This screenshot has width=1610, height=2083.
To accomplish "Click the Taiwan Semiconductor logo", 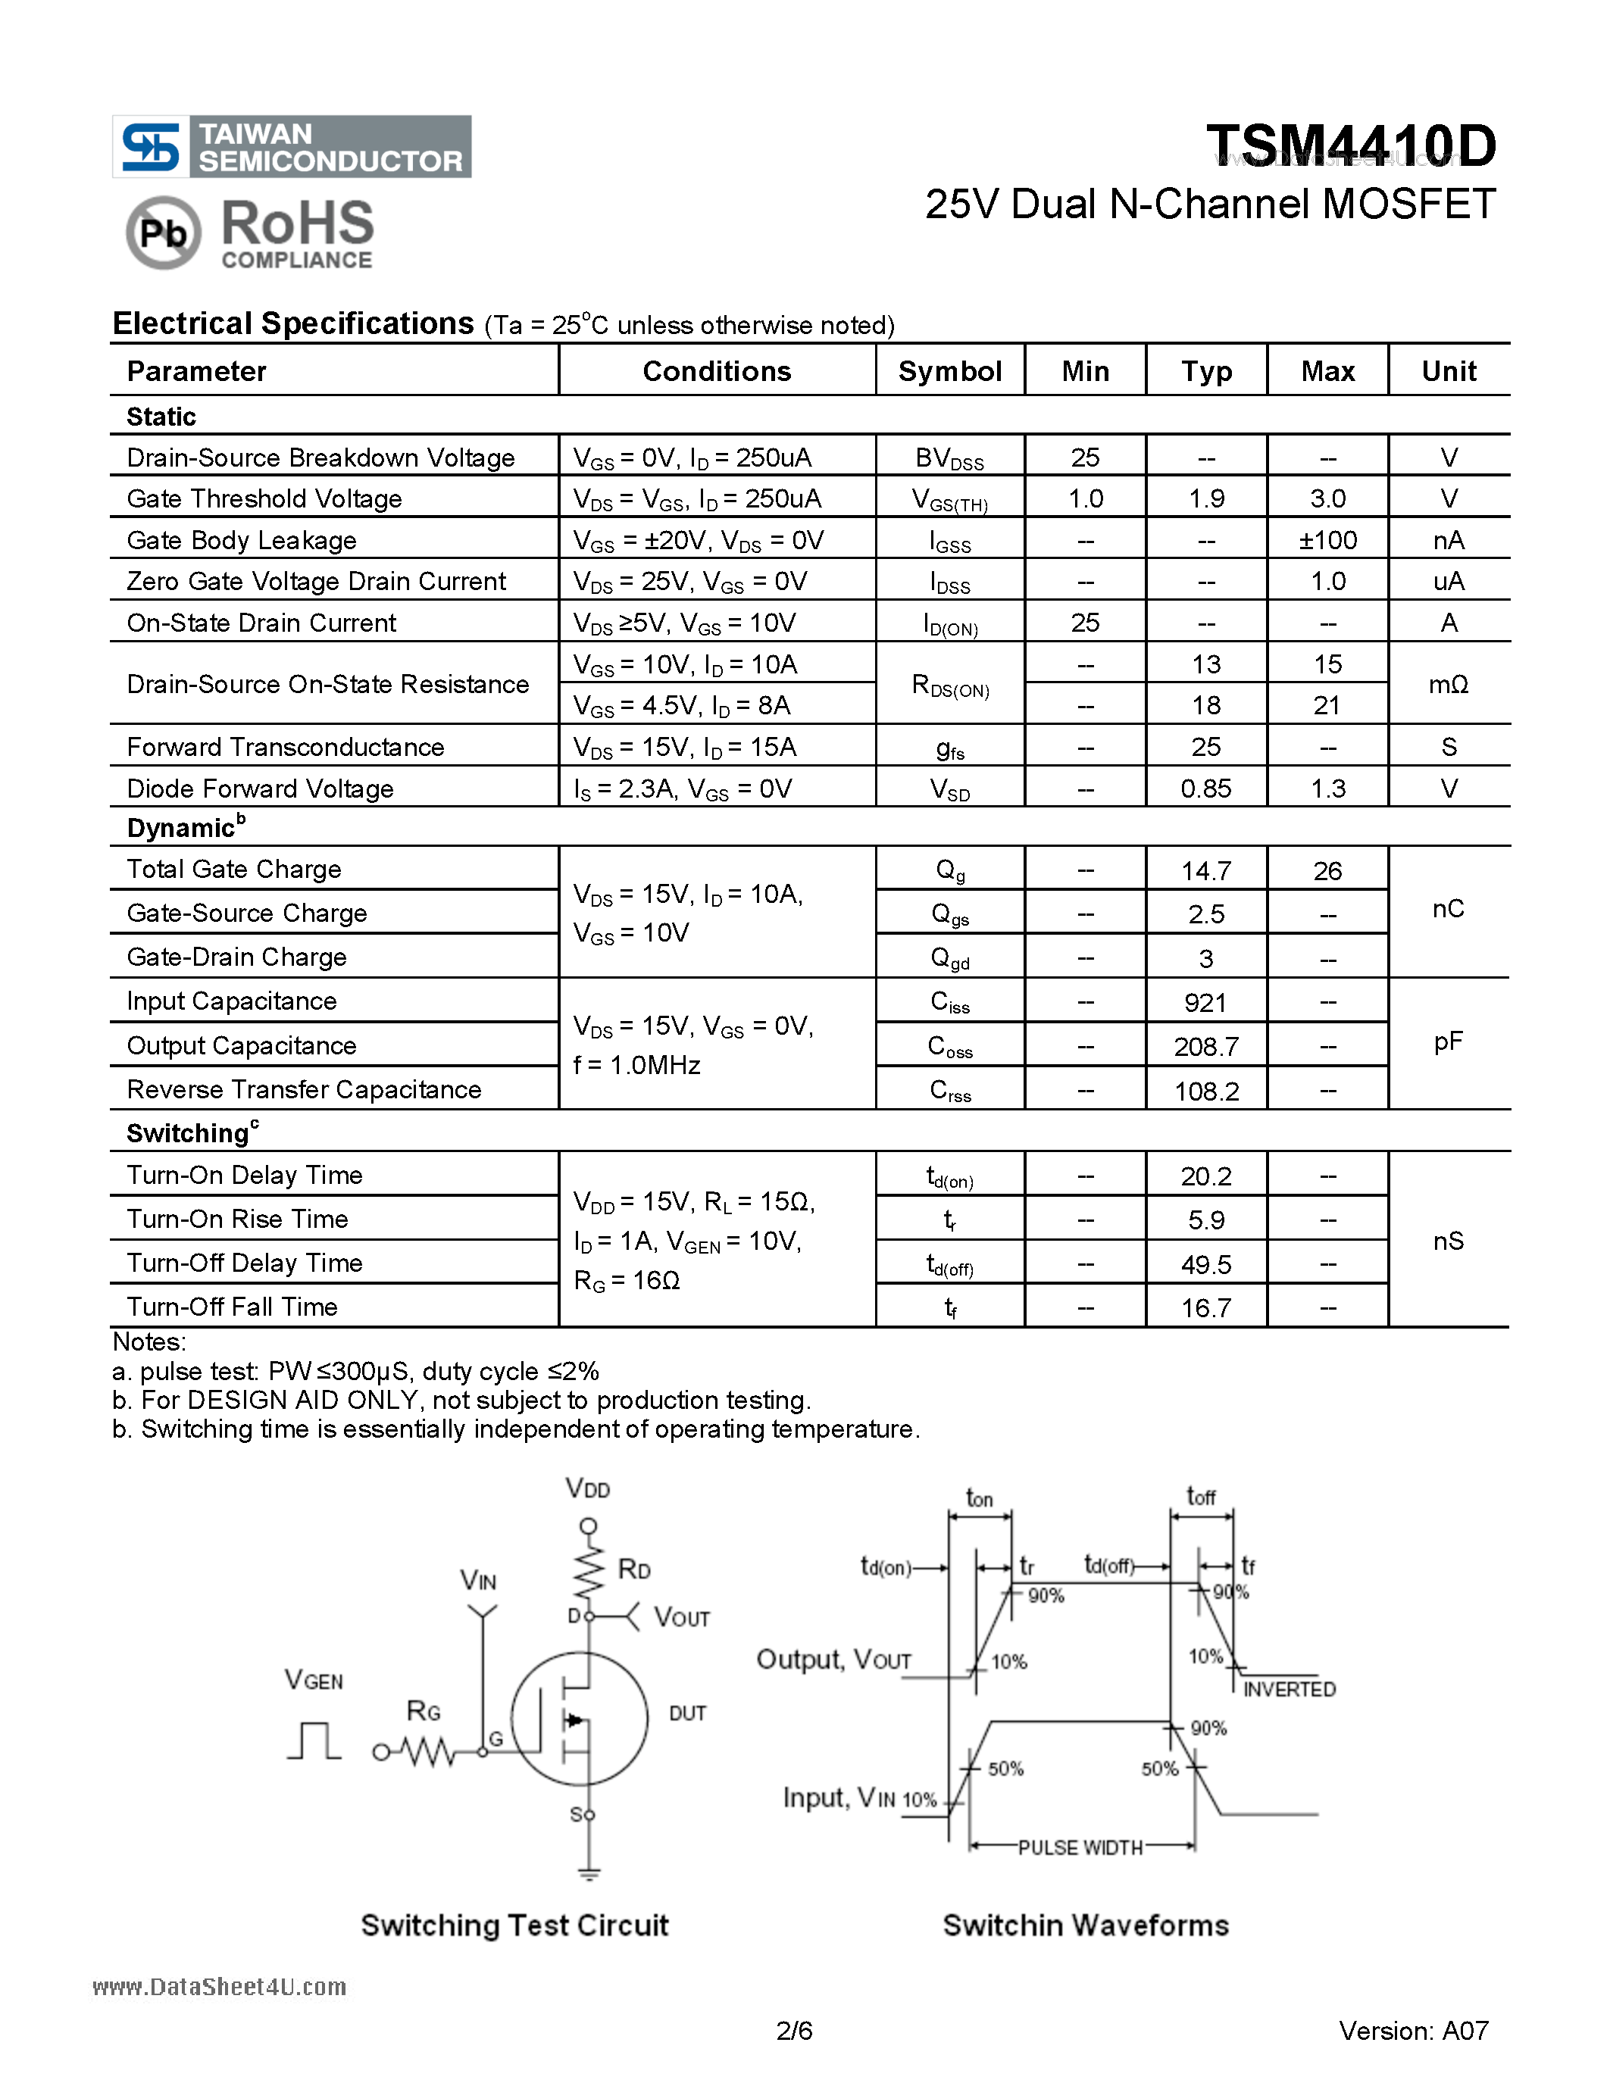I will point(291,147).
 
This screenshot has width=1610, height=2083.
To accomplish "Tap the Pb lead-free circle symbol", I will point(163,233).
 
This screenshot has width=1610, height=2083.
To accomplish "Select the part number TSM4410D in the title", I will point(1351,146).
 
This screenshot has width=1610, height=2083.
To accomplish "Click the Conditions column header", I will point(716,371).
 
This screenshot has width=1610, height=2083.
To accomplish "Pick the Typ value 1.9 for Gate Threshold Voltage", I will point(1206,499).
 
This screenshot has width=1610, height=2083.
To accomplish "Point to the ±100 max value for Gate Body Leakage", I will point(1327,541).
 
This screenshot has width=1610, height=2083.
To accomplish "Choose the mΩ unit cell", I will point(1448,684).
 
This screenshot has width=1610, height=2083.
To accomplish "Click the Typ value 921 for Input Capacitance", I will point(1205,1002).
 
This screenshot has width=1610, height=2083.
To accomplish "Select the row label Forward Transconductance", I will point(285,747).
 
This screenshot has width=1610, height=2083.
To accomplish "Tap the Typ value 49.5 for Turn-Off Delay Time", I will point(1205,1265).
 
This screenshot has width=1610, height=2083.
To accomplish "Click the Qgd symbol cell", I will point(950,958).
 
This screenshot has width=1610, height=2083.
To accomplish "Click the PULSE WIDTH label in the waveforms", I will point(1080,1847).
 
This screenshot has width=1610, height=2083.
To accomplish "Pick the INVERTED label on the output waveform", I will point(1289,1689).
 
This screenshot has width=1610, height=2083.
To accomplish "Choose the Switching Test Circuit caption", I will point(514,1925).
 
